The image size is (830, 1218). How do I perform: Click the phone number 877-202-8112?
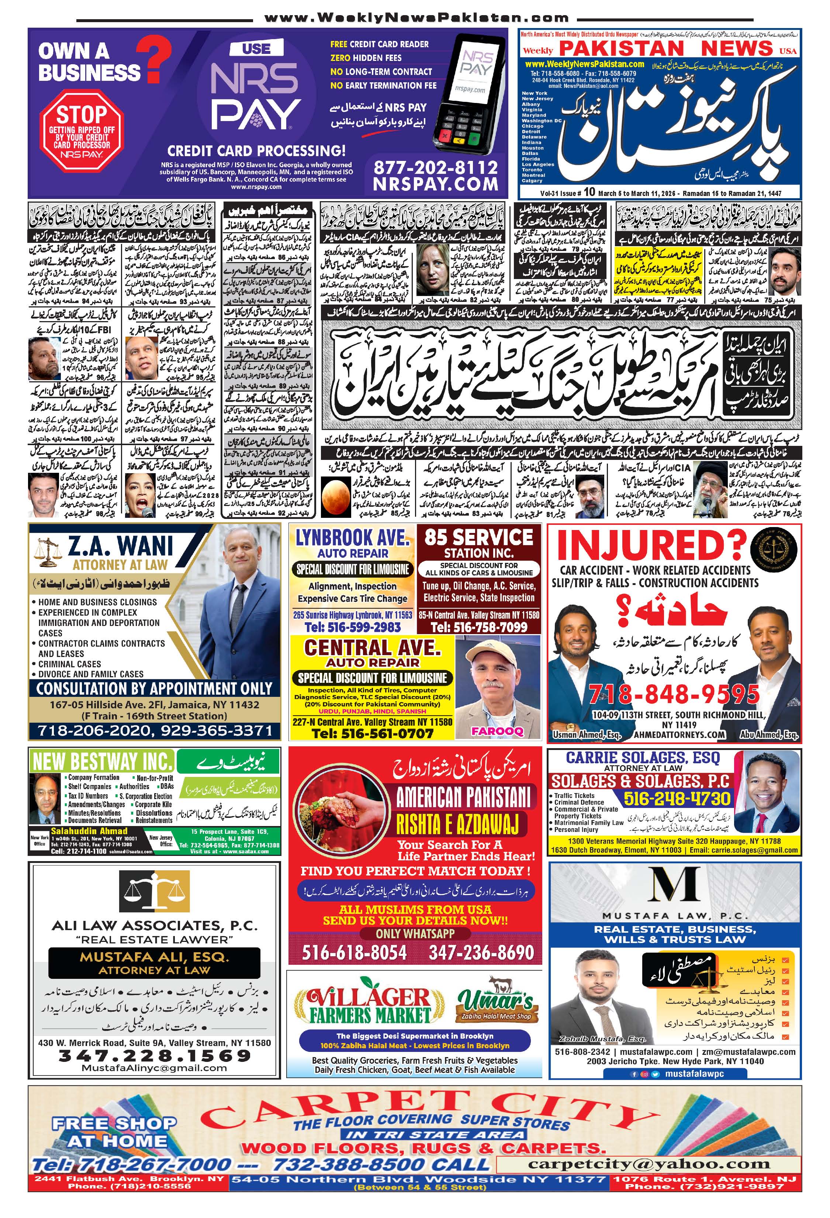pos(435,168)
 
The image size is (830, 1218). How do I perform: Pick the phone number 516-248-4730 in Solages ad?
pos(677,799)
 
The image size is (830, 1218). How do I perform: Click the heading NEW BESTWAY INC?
pos(102,761)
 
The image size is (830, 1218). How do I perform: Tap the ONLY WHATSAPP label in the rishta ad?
pos(415,933)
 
